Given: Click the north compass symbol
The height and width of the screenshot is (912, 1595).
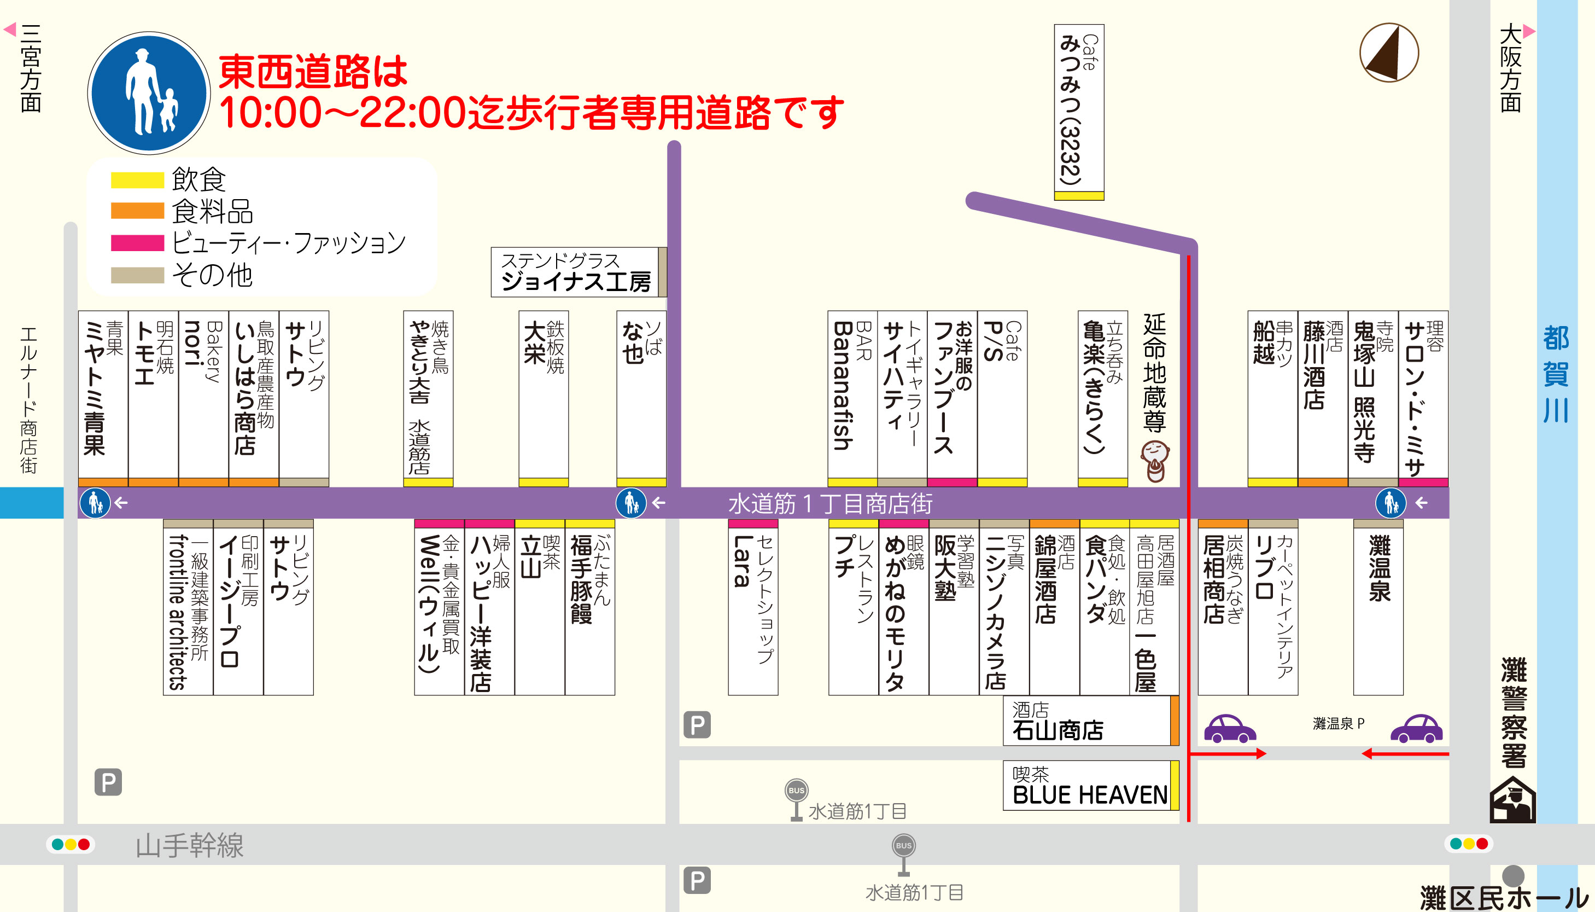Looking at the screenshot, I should click(x=1388, y=53).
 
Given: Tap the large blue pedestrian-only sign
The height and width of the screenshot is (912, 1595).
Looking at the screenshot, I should click(x=149, y=92).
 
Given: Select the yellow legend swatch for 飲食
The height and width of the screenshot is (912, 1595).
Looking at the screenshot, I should click(x=137, y=180).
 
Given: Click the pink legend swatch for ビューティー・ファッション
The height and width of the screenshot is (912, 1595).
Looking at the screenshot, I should click(x=137, y=243).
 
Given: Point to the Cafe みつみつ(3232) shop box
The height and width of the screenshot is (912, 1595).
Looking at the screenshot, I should click(x=1079, y=109).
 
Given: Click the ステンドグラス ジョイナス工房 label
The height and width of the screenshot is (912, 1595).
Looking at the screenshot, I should click(x=576, y=272).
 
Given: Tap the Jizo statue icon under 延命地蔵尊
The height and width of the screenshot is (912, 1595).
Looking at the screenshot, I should click(x=1154, y=461).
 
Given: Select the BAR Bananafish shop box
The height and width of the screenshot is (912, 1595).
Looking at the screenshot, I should click(x=852, y=394).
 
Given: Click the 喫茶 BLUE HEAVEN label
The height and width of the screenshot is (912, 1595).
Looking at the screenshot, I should click(x=1089, y=786).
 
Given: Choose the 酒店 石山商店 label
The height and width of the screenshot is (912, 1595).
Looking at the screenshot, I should click(x=1088, y=721).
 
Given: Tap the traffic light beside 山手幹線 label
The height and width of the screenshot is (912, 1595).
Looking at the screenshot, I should click(x=71, y=844).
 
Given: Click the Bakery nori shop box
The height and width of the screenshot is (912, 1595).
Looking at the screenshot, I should click(x=203, y=394).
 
